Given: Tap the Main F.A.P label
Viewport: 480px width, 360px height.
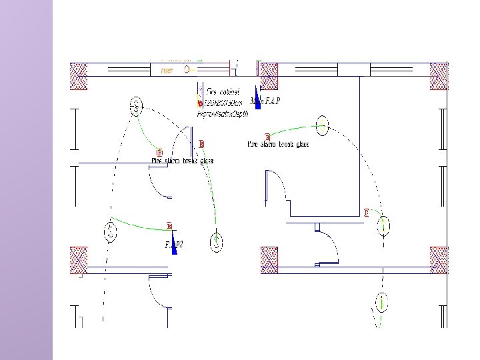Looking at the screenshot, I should [265, 101].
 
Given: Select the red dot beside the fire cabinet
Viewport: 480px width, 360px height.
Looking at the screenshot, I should [199, 103].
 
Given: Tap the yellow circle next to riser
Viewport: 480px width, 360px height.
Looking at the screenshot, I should [187, 69].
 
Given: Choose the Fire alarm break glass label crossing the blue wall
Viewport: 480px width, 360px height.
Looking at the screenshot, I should [182, 161].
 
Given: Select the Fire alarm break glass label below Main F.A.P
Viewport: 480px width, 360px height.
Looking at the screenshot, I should [278, 143].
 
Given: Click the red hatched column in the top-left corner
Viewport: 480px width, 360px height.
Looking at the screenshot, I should [79, 76].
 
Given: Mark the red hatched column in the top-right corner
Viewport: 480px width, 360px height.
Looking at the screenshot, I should [439, 76].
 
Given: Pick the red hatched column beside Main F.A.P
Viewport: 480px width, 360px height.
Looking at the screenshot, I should [269, 76].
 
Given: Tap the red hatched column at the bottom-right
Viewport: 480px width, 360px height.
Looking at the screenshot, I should [439, 260].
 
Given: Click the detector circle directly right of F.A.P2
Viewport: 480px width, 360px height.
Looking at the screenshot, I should [217, 243].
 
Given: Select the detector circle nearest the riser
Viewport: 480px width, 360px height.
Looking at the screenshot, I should [136, 105].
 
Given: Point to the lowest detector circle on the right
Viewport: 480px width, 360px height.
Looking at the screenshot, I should [381, 303].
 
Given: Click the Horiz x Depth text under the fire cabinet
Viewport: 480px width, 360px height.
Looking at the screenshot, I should [221, 114].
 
